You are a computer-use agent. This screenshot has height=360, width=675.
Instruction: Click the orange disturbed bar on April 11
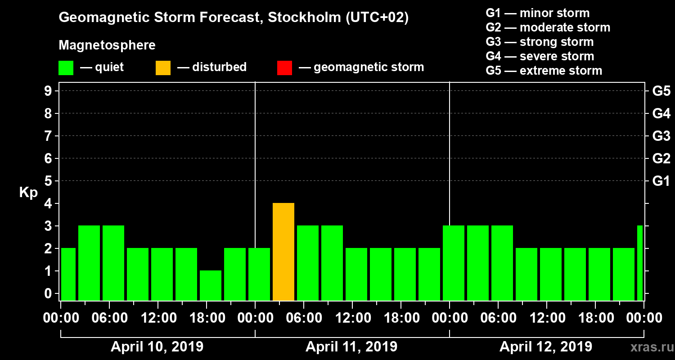283,252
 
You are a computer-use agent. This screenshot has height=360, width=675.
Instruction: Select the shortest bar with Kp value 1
211,285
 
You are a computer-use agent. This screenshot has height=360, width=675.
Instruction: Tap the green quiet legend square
66,67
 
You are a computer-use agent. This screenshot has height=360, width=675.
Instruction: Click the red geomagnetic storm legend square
284,67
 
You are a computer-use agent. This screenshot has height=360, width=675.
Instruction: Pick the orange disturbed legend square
163,67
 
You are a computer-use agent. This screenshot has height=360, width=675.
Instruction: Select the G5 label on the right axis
661,91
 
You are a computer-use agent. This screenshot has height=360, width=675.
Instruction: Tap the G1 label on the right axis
661,181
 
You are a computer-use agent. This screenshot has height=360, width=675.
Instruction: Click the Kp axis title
28,192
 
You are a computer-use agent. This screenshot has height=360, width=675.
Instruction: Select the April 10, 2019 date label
157,347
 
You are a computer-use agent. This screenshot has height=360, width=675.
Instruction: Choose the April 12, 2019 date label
546,347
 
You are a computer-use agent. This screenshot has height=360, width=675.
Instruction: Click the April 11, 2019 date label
351,347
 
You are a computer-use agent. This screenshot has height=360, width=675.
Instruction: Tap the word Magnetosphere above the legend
107,45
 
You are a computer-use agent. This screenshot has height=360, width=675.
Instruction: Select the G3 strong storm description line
540,42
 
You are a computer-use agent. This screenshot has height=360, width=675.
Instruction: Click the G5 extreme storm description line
544,71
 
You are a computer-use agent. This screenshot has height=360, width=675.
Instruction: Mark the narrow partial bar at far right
640,263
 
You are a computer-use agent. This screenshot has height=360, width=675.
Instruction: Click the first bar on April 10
68,274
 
